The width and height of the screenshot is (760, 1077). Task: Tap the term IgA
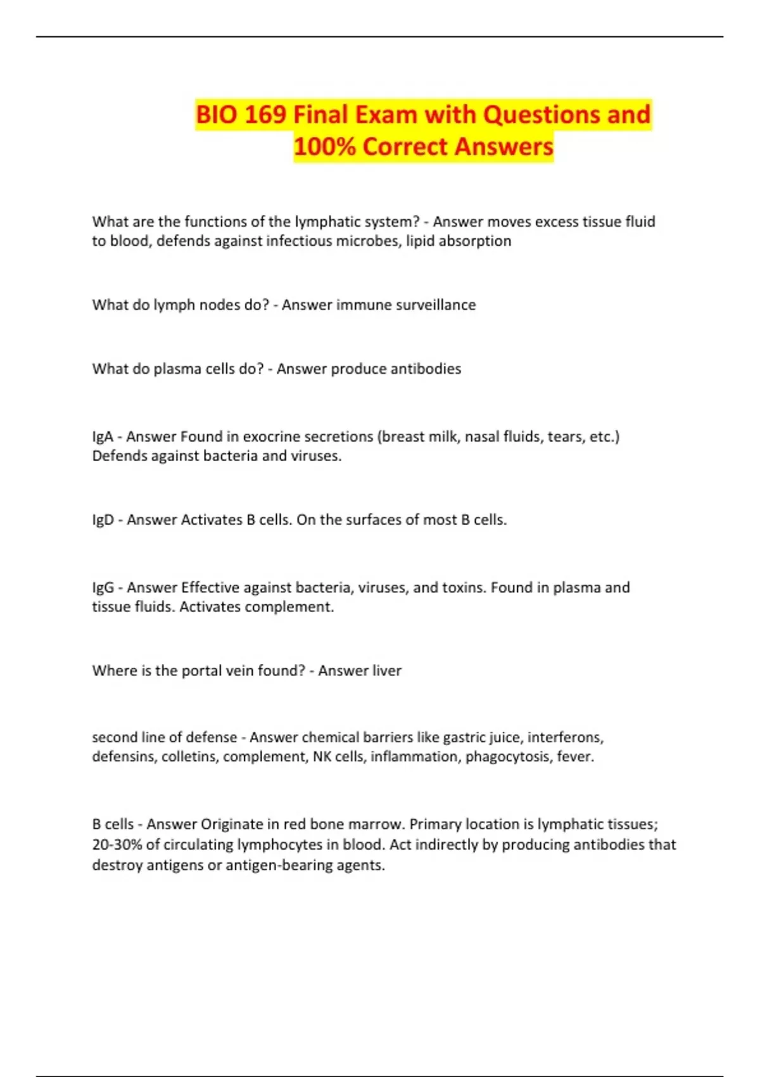tap(103, 437)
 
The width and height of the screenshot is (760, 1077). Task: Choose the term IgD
tap(103, 519)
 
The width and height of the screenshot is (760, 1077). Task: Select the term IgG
tap(103, 587)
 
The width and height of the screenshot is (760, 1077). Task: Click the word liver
tap(387, 670)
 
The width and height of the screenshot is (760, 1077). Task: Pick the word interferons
tap(565, 737)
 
